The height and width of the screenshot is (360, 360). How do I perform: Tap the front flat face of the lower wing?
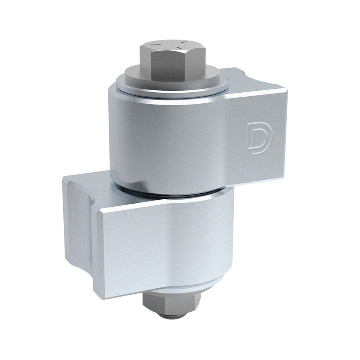161,248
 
